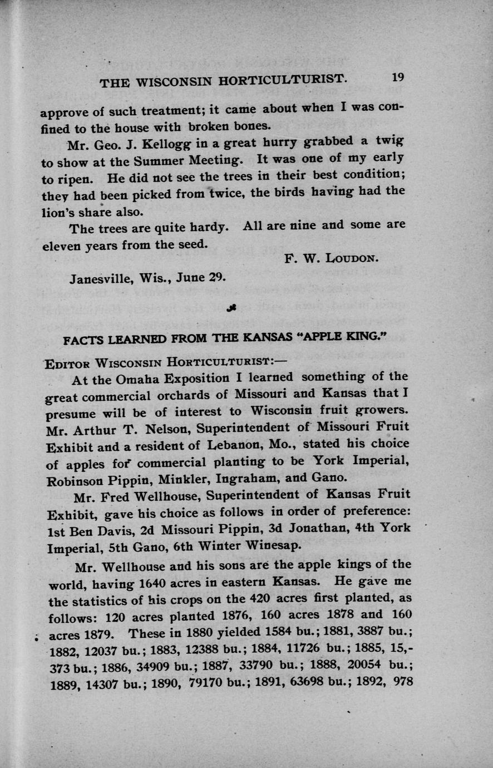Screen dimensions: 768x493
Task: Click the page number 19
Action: coord(397,77)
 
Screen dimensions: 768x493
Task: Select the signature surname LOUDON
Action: coord(351,258)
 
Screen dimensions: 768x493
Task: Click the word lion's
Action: coord(61,212)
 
